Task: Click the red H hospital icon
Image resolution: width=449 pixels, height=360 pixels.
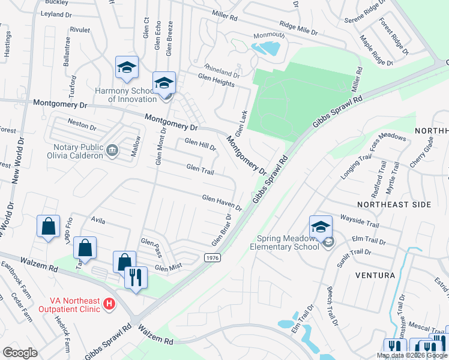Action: tap(109, 304)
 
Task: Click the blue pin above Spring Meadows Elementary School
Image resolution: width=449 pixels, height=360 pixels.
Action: tap(321, 227)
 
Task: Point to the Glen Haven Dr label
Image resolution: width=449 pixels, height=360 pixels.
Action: tap(221, 202)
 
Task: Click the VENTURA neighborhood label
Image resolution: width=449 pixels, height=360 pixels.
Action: tap(375, 275)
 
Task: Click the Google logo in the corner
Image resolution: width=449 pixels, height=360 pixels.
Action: tap(20, 352)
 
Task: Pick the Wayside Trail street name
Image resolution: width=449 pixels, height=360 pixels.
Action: tap(360, 220)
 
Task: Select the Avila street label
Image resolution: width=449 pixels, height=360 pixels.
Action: tap(98, 221)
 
